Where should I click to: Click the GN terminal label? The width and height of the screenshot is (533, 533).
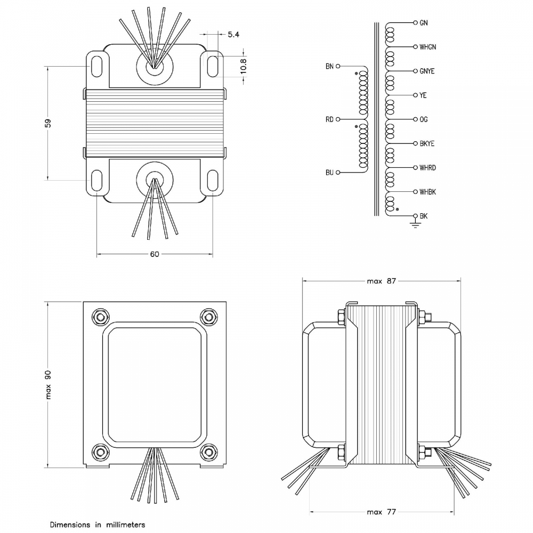pos(424,23)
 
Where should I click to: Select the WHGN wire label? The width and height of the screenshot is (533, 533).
pos(427,47)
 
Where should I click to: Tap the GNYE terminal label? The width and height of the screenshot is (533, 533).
pos(427,71)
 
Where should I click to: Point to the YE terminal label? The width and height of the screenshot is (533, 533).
pos(423,95)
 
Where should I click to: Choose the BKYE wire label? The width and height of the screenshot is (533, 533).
pos(427,143)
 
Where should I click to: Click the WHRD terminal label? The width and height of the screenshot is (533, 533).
pos(427,167)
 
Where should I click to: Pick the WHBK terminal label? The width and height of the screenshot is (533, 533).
pos(427,191)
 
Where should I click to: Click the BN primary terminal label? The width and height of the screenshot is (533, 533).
pos(329,67)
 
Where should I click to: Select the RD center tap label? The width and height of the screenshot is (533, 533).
pos(329,119)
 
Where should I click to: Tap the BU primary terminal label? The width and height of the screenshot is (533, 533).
pos(329,173)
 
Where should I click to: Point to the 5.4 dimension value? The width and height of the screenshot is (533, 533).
pos(233,35)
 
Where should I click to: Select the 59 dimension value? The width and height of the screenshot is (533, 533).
pos(47,123)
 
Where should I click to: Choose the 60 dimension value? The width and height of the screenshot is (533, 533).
pos(155,254)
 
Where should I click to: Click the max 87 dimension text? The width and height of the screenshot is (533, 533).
pos(382,281)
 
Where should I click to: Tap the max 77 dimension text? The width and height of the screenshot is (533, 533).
pos(382,512)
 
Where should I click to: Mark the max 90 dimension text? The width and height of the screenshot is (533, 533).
pos(48,384)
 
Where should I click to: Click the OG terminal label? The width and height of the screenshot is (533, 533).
pos(424,119)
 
